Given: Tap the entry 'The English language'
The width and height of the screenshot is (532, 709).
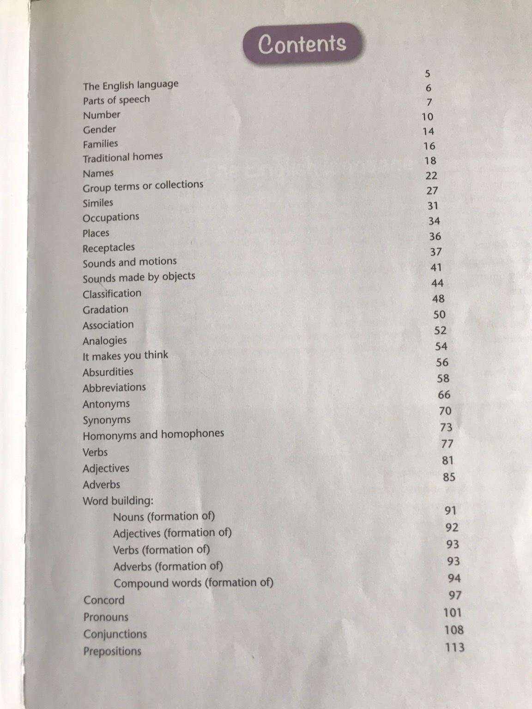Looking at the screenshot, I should (131, 85).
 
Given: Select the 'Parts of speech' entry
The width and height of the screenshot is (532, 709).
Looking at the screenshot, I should (116, 100).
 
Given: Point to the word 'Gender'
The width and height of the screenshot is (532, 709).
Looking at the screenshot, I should (99, 129).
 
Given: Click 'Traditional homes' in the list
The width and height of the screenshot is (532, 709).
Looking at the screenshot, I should (122, 157).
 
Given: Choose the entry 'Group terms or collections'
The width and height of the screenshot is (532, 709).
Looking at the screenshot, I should (143, 186).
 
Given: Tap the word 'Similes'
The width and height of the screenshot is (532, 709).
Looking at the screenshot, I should (98, 203).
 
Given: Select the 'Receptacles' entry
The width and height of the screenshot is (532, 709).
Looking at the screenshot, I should (109, 248).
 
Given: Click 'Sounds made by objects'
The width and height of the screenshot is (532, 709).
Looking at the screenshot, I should (139, 277).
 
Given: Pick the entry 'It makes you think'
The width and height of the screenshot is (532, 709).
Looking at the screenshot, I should (125, 355).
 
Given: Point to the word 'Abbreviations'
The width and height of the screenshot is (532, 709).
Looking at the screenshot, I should (114, 388).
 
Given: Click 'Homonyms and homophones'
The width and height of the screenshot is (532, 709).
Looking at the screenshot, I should (153, 435).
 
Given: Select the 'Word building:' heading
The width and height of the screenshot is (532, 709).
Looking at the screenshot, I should (118, 501).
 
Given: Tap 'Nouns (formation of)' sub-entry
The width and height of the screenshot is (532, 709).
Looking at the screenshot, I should (164, 517).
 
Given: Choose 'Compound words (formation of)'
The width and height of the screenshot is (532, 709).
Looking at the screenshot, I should (193, 583).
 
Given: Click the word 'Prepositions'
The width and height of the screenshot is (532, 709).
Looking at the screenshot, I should (112, 651).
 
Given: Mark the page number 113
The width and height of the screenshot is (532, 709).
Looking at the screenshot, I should (454, 647).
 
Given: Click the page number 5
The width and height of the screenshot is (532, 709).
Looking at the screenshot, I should (427, 73).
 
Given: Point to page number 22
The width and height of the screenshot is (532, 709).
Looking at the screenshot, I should (431, 175).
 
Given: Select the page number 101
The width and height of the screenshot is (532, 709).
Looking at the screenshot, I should (453, 613).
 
